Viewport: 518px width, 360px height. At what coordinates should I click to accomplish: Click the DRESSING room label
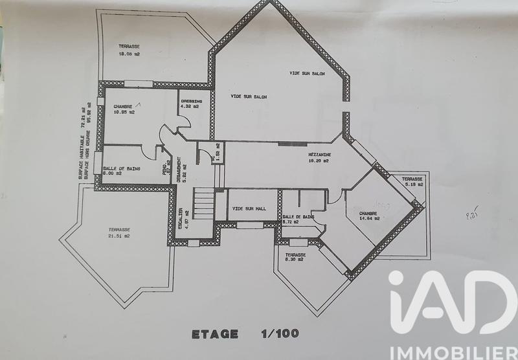coord(192,101)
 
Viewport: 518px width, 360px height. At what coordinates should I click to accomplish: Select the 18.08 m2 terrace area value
coord(129,54)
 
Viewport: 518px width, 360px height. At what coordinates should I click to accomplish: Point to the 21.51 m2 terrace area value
coord(118,236)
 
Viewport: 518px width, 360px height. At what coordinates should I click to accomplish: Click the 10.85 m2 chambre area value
coord(124,113)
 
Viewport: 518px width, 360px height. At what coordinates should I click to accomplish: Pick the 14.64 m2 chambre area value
coord(367,218)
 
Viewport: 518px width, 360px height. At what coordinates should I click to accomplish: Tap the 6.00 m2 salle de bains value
coord(113,174)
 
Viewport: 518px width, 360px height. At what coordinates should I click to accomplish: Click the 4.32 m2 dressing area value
coord(192,107)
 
